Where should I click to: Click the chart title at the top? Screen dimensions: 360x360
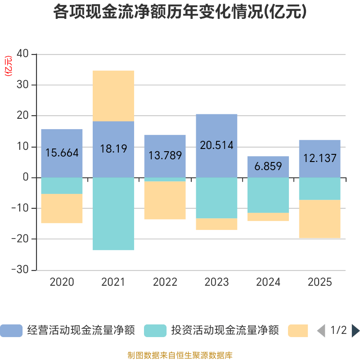pos(180,12)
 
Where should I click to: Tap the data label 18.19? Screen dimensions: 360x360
pos(113,149)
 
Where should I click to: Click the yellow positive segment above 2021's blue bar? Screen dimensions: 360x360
pos(113,95)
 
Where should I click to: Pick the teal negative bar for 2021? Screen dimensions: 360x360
pos(113,213)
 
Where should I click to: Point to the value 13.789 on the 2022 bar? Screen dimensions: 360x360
pos(165,155)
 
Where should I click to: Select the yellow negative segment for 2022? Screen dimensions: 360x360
pos(165,200)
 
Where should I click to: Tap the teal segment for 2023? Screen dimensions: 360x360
pos(216,198)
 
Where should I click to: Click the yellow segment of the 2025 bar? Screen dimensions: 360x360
pos(319,219)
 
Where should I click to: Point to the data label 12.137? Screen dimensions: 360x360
pos(319,158)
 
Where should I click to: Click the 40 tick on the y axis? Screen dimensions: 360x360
pos(23,54)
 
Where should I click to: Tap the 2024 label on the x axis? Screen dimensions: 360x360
pos(268,282)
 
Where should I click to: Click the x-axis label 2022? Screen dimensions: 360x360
pos(165,282)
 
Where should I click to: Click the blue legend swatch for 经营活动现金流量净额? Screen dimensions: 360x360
pos(11,331)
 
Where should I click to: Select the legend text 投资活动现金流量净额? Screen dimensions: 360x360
pos(225,331)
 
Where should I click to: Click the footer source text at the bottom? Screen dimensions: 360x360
pos(180,355)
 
